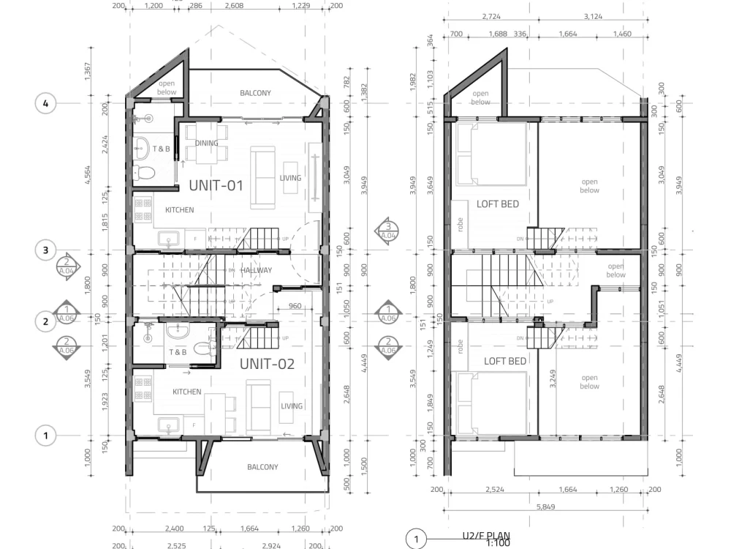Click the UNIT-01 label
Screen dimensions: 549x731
[x=216, y=185]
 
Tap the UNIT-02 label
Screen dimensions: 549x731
[x=267, y=363]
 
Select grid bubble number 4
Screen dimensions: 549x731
[x=46, y=103]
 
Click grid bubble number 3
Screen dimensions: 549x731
[x=46, y=250]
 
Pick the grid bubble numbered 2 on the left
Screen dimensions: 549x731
[x=46, y=321]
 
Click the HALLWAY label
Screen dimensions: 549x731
[x=256, y=270]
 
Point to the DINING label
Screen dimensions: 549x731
[x=207, y=143]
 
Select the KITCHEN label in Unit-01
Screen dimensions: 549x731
[x=179, y=210]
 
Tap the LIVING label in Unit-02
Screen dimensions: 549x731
[x=292, y=406]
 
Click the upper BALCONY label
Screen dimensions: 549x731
[x=255, y=93]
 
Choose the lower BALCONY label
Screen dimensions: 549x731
[x=262, y=467]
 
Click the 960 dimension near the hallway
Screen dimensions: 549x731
[x=295, y=306]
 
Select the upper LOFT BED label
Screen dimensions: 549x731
[x=498, y=204]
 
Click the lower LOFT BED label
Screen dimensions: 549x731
[x=505, y=361]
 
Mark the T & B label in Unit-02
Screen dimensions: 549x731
[x=178, y=353]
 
